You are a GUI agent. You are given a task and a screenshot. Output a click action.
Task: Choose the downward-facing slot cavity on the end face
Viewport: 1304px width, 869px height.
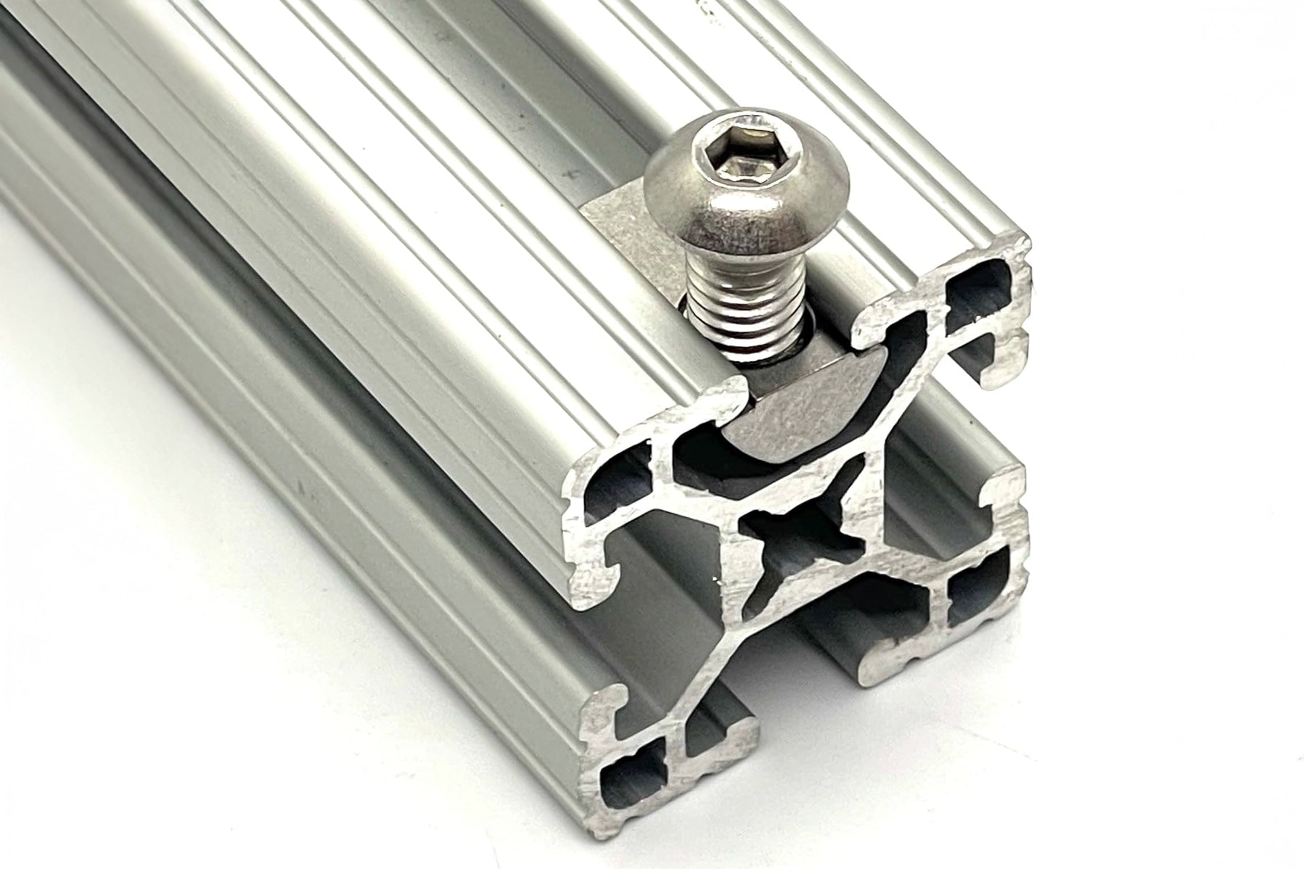point(798,653)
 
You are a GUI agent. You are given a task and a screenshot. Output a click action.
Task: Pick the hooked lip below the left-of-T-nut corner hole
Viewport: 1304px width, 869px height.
point(602,573)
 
